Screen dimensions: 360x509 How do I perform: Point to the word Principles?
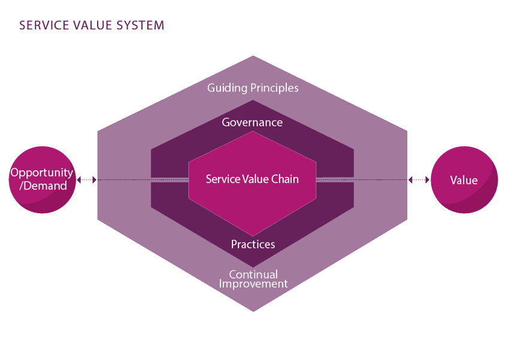[275, 88]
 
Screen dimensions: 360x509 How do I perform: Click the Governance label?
[252, 122]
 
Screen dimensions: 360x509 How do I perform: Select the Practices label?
[253, 244]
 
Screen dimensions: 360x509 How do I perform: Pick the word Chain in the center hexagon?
[284, 179]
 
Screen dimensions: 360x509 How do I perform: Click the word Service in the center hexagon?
[221, 179]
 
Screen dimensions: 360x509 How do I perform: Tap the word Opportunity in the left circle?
[41, 173]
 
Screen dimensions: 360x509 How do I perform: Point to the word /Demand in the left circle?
[41, 186]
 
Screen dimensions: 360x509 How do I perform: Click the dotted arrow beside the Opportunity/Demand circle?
[87, 180]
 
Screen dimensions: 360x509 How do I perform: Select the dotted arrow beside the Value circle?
[419, 180]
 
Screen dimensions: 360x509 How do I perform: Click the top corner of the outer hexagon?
[253, 58]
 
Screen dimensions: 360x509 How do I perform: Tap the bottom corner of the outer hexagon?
[253, 310]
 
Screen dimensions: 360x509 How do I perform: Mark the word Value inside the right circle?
[464, 180]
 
